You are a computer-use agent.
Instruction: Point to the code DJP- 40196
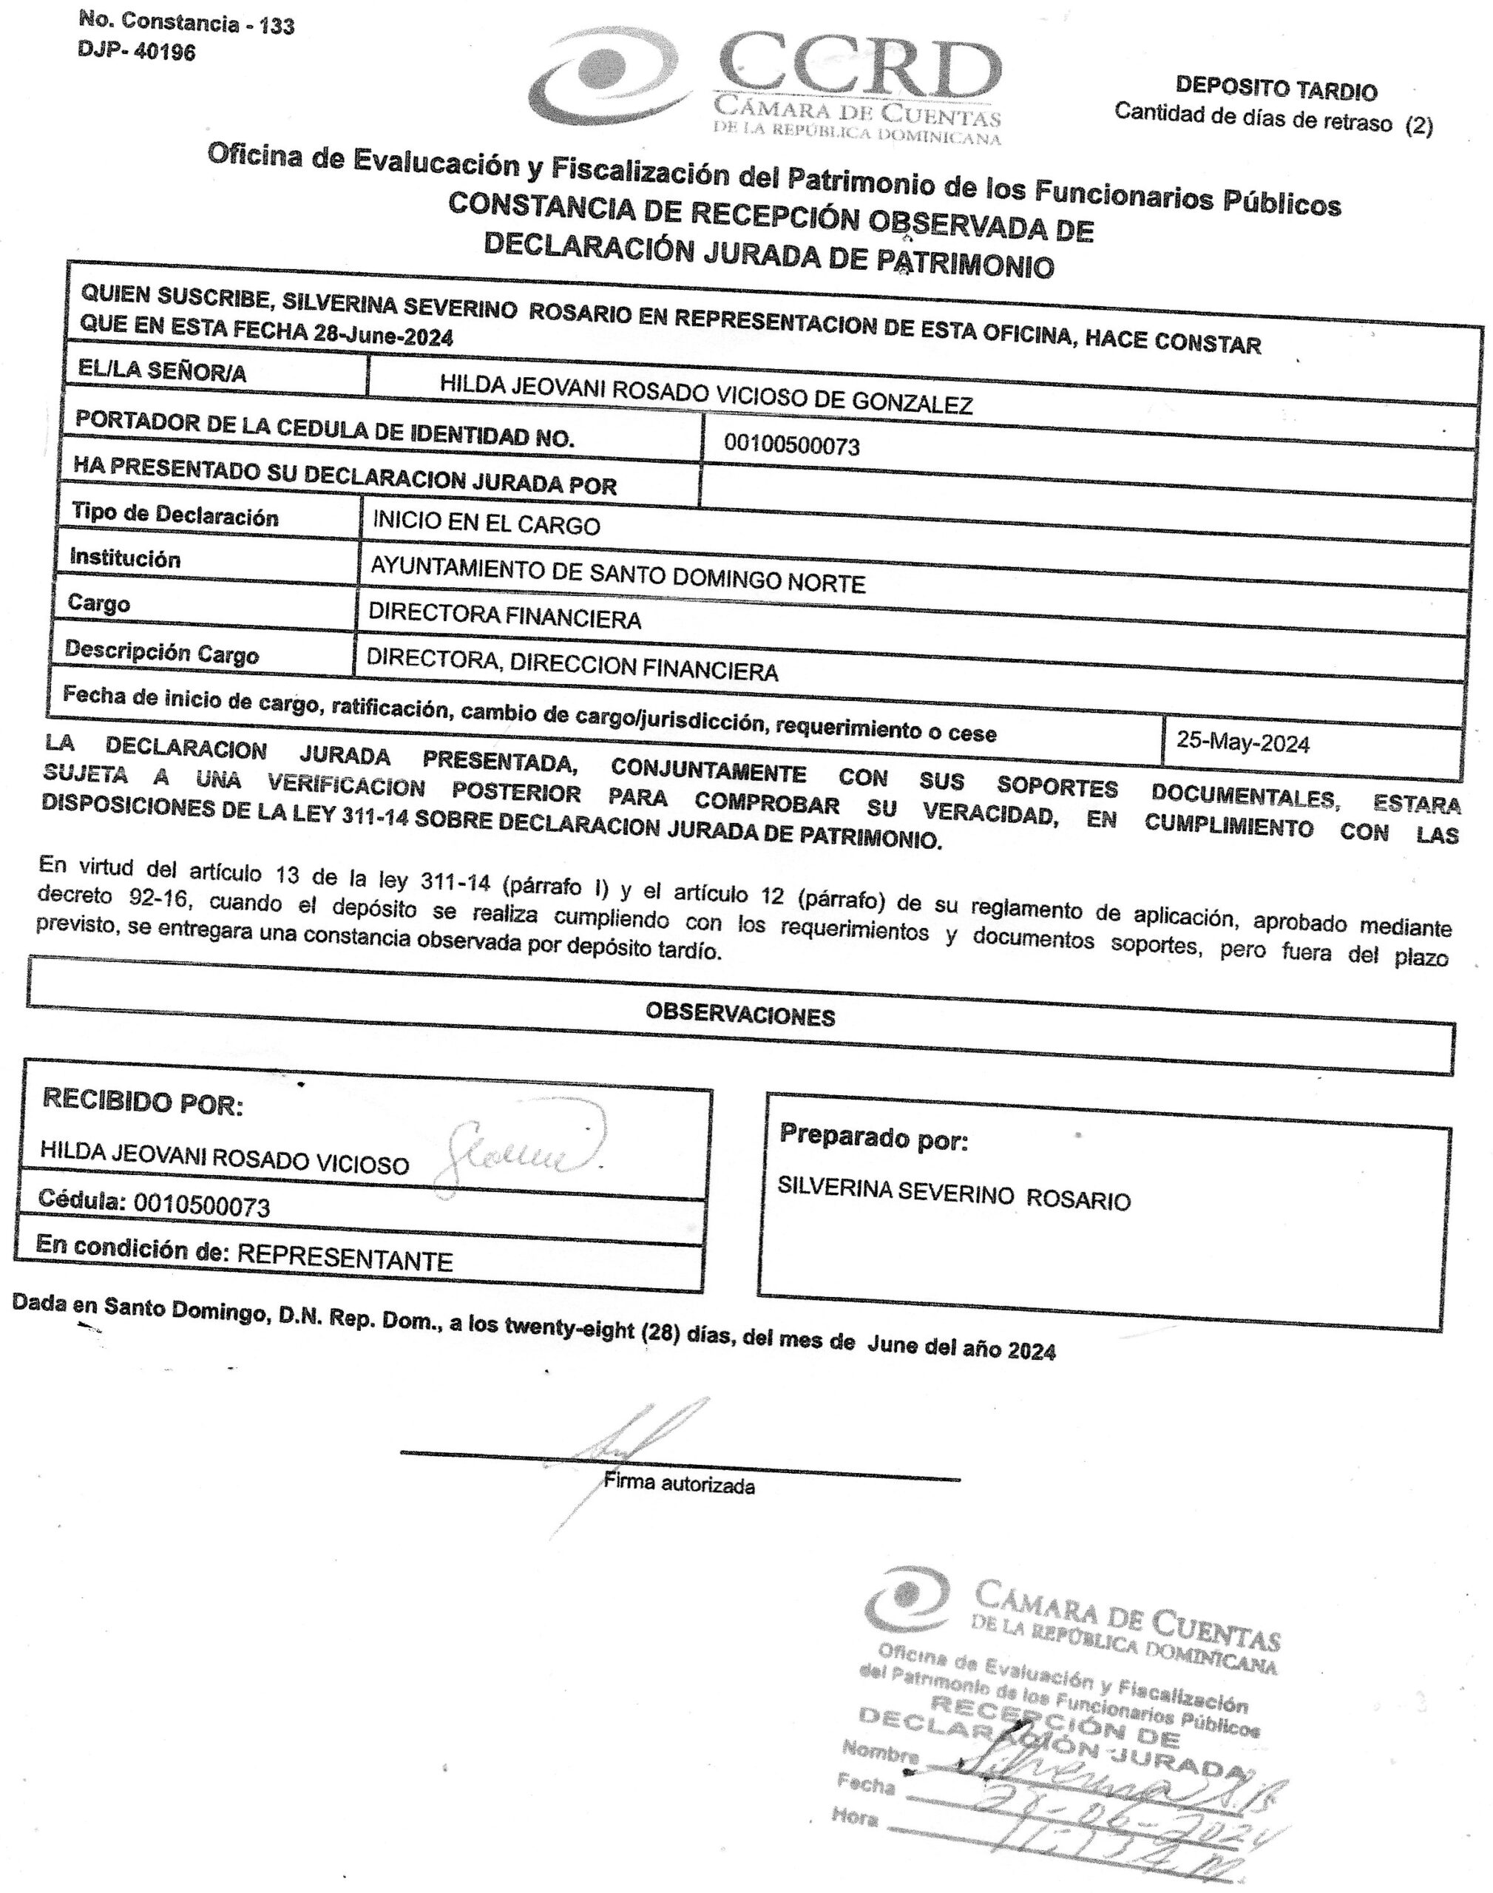click(x=138, y=52)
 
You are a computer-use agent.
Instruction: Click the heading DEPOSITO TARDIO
click(x=1276, y=89)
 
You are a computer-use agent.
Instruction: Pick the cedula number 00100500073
click(x=792, y=446)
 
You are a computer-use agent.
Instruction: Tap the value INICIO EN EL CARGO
click(x=486, y=524)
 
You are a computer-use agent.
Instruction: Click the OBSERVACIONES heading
click(x=739, y=1015)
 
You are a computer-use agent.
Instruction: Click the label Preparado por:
click(x=873, y=1138)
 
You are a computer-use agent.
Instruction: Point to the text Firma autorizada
click(x=679, y=1484)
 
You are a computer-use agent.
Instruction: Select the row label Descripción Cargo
click(x=162, y=653)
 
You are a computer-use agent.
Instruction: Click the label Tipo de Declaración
click(x=175, y=515)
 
